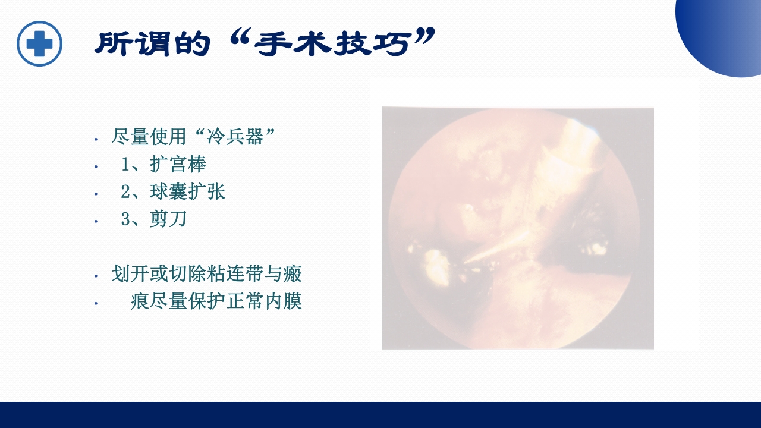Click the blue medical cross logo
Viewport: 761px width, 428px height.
pos(40,43)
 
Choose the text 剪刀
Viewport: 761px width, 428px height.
pos(168,219)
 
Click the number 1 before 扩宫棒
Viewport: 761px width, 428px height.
pos(125,165)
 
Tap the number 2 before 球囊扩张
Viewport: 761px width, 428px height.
pos(125,192)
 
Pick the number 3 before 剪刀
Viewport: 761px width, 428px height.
pos(125,219)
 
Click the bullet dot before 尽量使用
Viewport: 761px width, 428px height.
pos(96,139)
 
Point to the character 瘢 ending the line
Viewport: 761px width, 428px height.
pos(293,274)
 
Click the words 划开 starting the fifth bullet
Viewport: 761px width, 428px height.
pos(130,274)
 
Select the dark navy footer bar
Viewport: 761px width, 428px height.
pos(380,415)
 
